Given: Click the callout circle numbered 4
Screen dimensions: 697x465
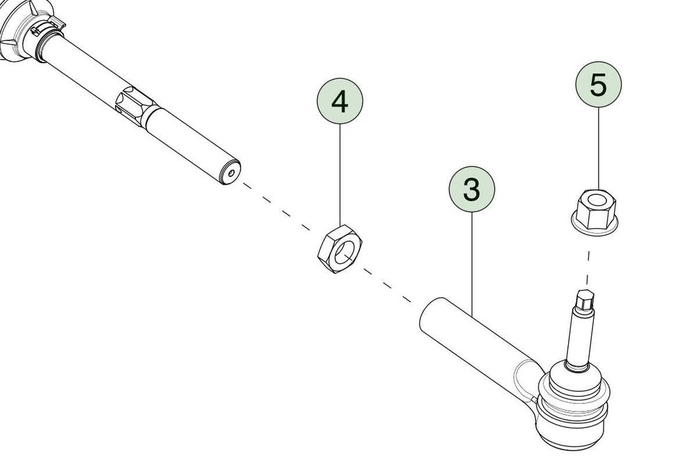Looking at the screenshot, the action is click(x=340, y=101).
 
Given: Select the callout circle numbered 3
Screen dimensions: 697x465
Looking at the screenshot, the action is click(x=472, y=189).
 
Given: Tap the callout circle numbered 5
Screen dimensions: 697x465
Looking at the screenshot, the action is click(x=598, y=84).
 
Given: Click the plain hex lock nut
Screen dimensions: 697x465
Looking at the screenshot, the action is click(x=340, y=249).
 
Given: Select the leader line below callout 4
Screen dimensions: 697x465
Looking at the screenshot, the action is click(x=340, y=175).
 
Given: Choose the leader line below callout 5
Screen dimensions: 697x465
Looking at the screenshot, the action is click(x=598, y=148).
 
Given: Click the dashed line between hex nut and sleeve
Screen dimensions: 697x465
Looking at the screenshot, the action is click(x=388, y=286).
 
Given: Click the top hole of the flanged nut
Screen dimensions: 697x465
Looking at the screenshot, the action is click(x=596, y=198).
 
